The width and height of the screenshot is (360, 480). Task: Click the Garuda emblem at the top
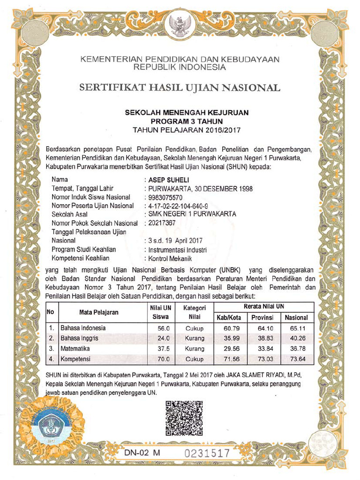coord(180,26)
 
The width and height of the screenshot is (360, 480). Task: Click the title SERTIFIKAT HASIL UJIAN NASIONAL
coord(180,88)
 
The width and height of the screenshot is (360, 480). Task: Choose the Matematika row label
coord(75,349)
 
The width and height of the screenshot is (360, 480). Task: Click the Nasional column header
coord(296,317)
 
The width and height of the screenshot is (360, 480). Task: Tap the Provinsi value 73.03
coord(265,359)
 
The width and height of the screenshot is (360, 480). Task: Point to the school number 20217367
coord(161,223)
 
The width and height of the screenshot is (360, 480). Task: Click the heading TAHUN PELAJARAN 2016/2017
coord(186,129)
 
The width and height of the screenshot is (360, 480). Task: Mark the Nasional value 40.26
coord(296,338)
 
